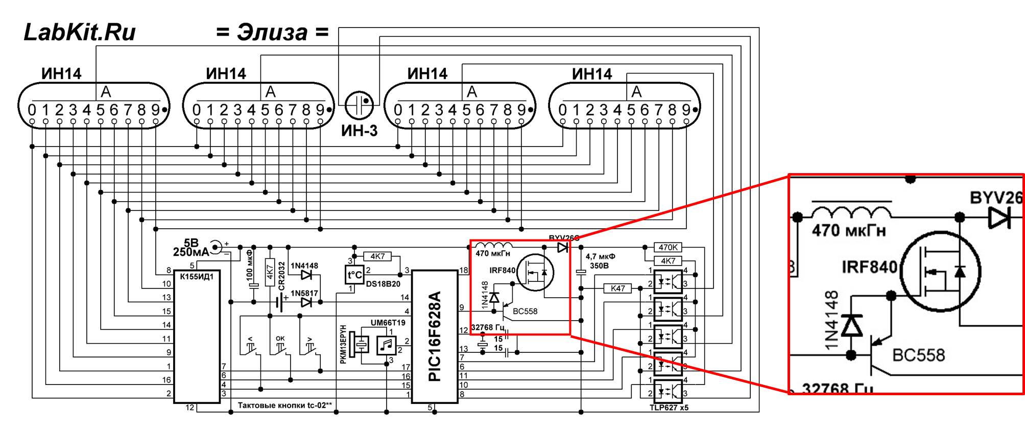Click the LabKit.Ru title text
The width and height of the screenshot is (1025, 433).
(80, 32)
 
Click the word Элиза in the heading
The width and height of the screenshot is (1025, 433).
(272, 32)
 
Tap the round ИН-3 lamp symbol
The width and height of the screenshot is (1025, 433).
(359, 104)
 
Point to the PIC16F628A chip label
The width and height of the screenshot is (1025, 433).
(434, 337)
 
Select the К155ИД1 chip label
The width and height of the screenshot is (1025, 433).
(197, 276)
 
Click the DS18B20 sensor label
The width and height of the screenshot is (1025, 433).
(383, 284)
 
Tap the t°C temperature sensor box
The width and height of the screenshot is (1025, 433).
(354, 275)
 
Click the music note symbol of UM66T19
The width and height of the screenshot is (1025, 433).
(387, 345)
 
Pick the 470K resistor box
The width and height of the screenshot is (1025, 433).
(668, 248)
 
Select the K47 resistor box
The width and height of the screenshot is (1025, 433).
(617, 288)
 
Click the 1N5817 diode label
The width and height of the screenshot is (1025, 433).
(304, 293)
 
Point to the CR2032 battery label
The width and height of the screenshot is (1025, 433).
(281, 276)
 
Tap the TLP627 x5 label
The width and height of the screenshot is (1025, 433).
(669, 407)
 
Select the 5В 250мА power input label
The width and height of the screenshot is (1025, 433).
(192, 248)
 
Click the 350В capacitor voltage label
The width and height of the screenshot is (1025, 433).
(599, 266)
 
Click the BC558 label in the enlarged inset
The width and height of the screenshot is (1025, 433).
(918, 355)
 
